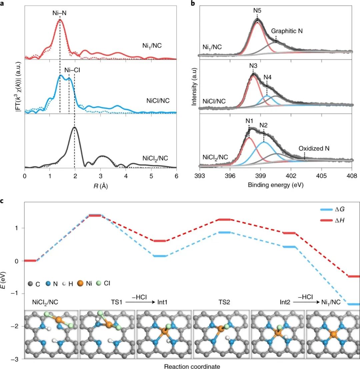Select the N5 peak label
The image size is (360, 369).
(x=257, y=11)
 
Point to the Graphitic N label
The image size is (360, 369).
(x=287, y=31)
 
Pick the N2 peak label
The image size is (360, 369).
(x=264, y=125)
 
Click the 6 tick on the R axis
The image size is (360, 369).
(x=176, y=175)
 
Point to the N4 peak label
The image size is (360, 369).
(x=267, y=77)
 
